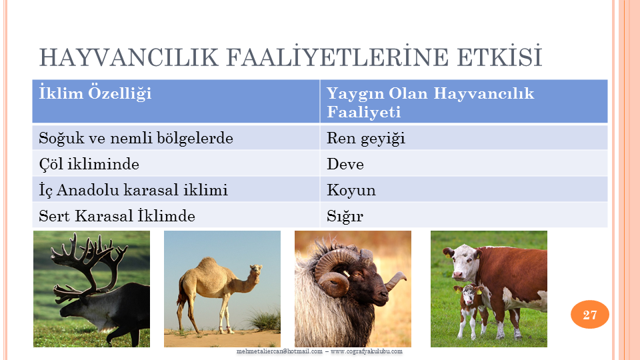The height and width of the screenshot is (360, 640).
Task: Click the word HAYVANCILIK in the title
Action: coord(129,57)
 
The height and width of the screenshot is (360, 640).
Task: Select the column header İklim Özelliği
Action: coord(95,93)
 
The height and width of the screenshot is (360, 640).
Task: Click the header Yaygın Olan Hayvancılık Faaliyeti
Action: coord(430,103)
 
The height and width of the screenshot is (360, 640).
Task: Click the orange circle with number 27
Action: coord(590,314)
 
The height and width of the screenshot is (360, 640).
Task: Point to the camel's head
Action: coord(255,271)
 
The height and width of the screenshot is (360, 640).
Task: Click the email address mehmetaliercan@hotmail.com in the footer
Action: coord(279,351)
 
